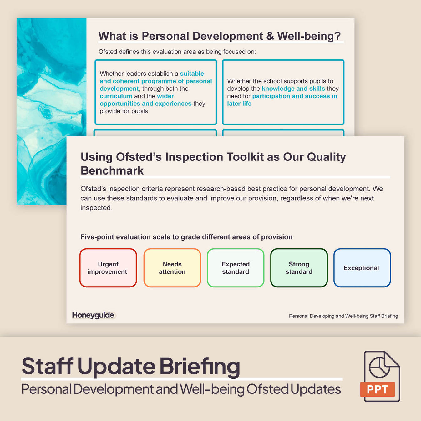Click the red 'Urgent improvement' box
[108, 268]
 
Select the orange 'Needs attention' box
[172, 268]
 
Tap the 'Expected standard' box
[236, 268]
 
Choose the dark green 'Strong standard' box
[299, 268]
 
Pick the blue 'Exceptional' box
[362, 268]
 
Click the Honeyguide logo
[93, 315]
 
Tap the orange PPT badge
[378, 389]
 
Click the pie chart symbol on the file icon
[379, 367]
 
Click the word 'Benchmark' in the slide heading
[112, 170]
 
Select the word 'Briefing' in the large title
[200, 366]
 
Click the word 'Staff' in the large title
[48, 366]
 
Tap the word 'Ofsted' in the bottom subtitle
[267, 389]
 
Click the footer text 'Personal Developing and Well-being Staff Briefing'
[343, 316]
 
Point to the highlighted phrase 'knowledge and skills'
[293, 89]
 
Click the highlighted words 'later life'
[239, 104]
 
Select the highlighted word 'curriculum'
[116, 96]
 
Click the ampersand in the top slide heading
[270, 36]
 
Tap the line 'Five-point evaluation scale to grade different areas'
[186, 237]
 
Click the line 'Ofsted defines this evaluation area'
[177, 52]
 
